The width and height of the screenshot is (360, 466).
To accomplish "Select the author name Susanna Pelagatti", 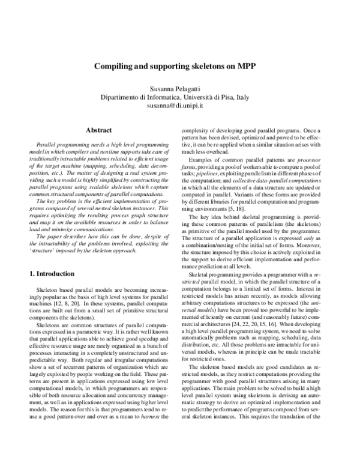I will coord(180,88).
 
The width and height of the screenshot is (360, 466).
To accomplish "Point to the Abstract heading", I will coord(99,130).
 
